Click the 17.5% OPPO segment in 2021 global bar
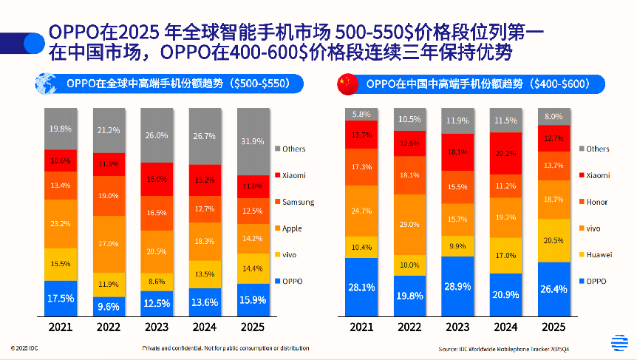tap(61, 298)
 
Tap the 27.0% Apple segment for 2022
tap(109, 244)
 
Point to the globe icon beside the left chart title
tap(47, 84)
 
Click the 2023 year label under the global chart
tap(156, 327)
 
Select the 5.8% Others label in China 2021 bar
tap(361, 114)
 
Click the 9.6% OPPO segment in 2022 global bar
tap(109, 306)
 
